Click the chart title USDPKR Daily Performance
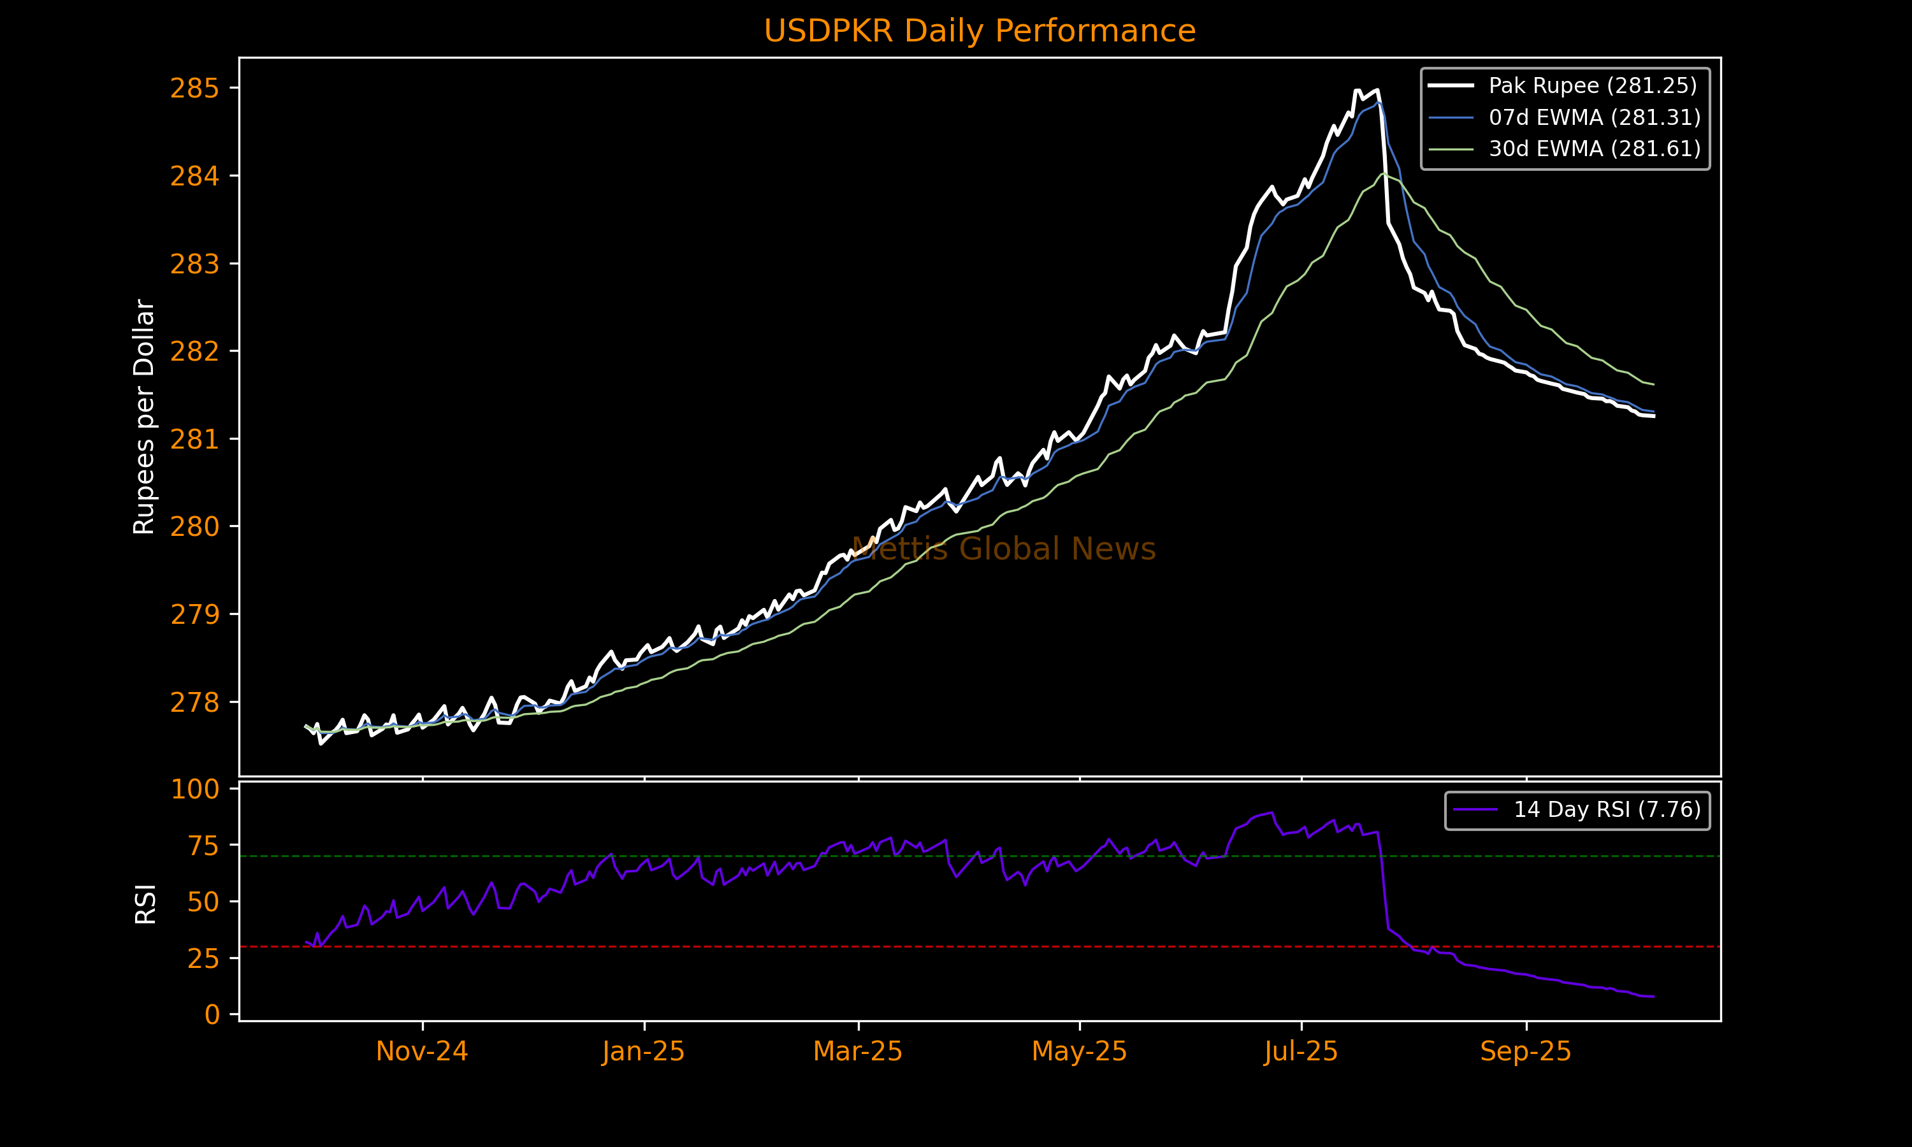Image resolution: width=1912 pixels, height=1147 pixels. point(979,31)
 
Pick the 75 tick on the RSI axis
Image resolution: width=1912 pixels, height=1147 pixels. point(203,846)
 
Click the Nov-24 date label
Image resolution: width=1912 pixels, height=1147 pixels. point(422,1052)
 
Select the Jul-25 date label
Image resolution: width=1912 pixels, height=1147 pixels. point(1301,1052)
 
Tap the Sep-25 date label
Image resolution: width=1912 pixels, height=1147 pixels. point(1526,1052)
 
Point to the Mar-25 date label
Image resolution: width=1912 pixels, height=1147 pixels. point(858,1052)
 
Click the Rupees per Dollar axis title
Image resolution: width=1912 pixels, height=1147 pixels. point(145,417)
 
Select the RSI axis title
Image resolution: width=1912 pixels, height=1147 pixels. point(145,904)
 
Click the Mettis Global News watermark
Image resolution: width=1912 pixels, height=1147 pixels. point(1003,549)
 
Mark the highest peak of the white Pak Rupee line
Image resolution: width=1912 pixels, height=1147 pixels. point(1377,90)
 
